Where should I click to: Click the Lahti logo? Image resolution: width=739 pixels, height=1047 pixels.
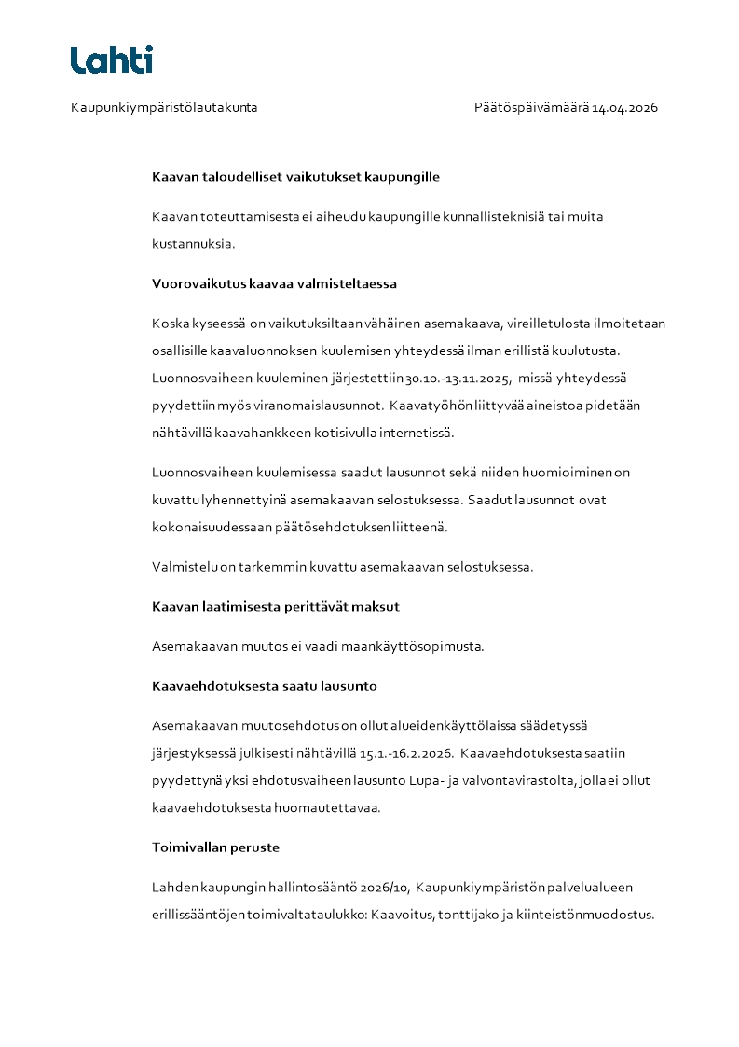click(x=111, y=60)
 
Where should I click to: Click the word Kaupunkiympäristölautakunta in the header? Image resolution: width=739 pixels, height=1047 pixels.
click(x=164, y=108)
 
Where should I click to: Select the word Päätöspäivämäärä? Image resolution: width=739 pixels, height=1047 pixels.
click(x=531, y=108)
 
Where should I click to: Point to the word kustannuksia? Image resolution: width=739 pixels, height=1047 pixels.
click(x=193, y=243)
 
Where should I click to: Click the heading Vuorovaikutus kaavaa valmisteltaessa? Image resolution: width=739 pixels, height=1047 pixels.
click(x=275, y=283)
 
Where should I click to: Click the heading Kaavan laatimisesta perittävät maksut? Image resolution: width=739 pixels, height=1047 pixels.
click(x=275, y=607)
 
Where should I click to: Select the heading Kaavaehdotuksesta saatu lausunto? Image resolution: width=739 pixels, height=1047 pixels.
click(x=264, y=687)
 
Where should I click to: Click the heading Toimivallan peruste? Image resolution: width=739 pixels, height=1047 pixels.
click(x=215, y=848)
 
